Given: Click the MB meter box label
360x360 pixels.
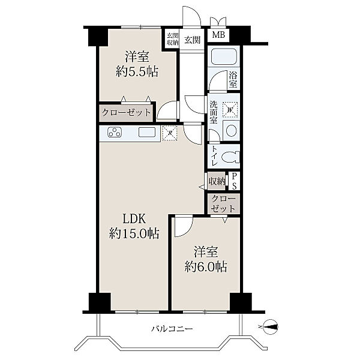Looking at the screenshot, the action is point(218,35).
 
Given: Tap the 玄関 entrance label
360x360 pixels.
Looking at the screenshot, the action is point(193,40).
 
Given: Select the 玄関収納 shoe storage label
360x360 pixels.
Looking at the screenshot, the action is point(172,39).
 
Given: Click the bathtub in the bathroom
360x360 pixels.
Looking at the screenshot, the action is point(224,56).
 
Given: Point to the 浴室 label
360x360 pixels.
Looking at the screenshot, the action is point(233,79).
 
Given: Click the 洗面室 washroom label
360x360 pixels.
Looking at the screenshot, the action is point(214,113).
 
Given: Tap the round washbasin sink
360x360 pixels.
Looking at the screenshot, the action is point(231,130).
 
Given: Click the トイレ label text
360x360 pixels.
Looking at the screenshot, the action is point(214,156).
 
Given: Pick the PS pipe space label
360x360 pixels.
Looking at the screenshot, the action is point(234,181).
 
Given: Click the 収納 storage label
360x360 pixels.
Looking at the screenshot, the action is point(217,182).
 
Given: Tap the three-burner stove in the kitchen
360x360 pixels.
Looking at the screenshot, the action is point(115,132).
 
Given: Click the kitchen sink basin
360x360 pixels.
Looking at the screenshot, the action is point(146,132).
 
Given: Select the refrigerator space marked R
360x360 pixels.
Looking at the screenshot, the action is point(170,133).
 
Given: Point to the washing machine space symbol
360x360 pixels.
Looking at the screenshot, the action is point(230,109).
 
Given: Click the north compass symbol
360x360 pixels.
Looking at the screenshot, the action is point(270,327).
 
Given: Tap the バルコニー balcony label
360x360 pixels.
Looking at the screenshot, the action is point(172,329).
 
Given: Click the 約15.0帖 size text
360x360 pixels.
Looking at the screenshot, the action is point(134,234).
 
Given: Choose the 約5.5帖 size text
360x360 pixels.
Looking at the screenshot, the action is point(137,71).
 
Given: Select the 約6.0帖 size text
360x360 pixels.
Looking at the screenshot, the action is point(206,267).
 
